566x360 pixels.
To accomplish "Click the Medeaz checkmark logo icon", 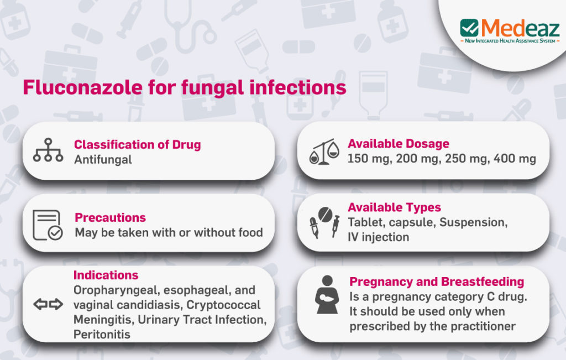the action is [469, 28].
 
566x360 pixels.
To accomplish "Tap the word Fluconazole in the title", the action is [83, 87].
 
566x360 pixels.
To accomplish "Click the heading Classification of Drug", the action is [137, 144].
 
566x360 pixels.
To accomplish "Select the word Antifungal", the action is [103, 160].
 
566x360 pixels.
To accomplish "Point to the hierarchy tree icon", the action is [48, 150].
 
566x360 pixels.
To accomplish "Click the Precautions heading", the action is [110, 217].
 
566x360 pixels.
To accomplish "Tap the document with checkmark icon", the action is [48, 225].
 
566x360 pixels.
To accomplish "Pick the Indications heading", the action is [106, 275].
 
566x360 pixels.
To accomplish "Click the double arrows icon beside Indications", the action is [48, 304].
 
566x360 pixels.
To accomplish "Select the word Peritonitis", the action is [102, 335].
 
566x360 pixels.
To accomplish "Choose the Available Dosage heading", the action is [399, 144].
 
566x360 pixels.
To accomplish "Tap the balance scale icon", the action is [324, 152].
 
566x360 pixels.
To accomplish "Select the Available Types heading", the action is [394, 207].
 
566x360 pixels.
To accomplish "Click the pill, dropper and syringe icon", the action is [324, 222].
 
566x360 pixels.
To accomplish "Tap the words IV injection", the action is [378, 237].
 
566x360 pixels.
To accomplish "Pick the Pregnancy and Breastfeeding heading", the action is [437, 281].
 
